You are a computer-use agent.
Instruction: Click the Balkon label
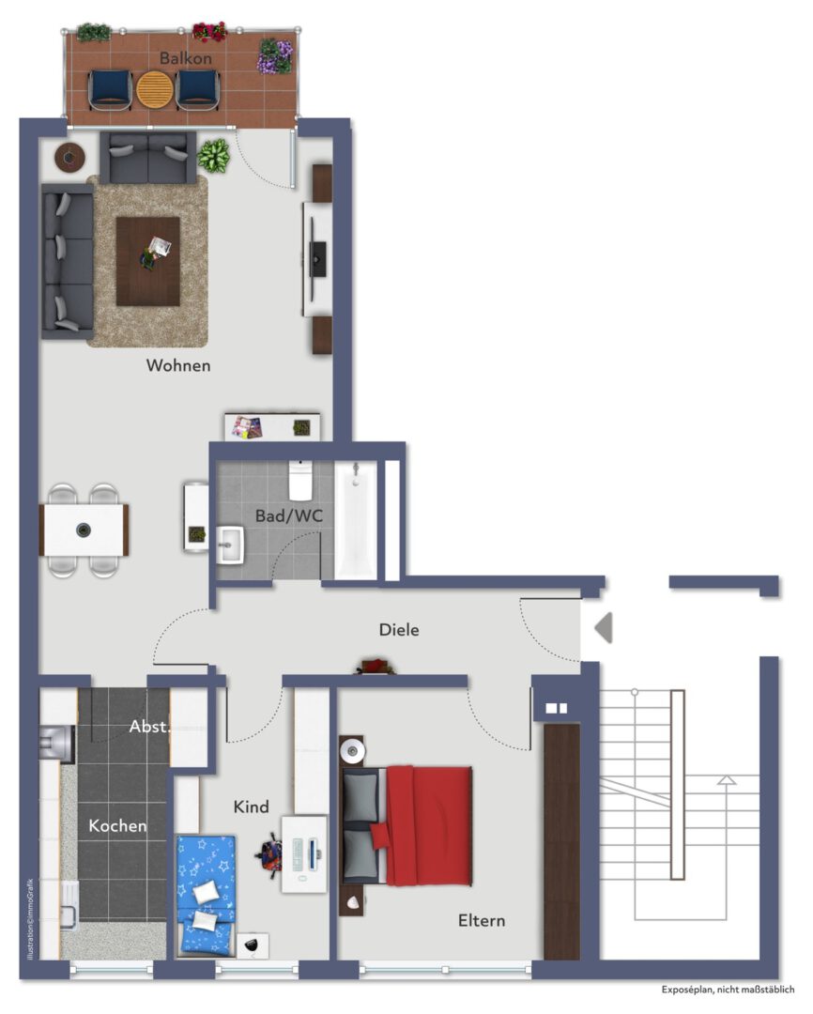pos(185,58)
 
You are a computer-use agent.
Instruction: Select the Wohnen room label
pos(178,365)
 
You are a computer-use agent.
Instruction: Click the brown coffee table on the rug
pos(147,260)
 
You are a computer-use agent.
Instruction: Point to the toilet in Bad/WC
pos(300,481)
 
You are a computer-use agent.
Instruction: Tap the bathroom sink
pos(229,545)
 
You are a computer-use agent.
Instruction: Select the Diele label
pos(399,630)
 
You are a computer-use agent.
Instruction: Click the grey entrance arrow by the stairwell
pos(603,627)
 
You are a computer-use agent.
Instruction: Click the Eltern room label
pos(481,920)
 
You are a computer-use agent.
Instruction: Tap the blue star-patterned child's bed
pos(206,892)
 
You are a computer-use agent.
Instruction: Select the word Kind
pos(251,807)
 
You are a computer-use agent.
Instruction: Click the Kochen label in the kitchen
pos(117,826)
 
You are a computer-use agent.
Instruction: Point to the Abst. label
pos(148,726)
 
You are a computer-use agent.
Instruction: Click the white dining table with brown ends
pos(84,530)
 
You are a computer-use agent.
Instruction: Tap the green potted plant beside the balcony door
pos(215,156)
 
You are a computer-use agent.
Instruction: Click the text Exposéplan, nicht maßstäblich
pos(728,990)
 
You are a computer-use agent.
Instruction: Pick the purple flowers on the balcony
pos(275,55)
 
